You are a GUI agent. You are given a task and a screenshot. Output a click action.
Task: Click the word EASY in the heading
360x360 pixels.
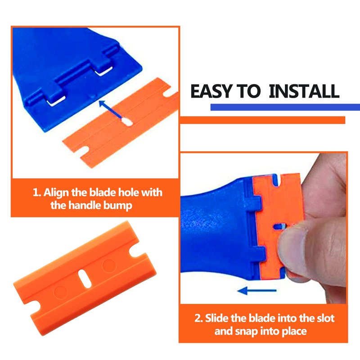coord(211,91)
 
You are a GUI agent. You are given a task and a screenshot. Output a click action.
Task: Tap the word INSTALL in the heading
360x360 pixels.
coord(304,91)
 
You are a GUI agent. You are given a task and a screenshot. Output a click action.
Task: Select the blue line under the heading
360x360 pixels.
coord(285,107)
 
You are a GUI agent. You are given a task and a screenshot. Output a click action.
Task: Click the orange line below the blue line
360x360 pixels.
coord(263,120)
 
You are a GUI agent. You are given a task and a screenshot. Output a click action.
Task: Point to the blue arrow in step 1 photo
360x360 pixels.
coord(111,109)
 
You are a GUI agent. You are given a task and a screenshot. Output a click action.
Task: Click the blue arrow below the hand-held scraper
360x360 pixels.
coord(257,291)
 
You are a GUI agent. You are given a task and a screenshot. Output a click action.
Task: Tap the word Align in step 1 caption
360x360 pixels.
coord(56,193)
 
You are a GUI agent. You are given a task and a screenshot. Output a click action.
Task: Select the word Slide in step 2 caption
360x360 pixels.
coord(217,318)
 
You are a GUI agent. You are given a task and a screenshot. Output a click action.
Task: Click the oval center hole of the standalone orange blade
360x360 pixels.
coord(85,279)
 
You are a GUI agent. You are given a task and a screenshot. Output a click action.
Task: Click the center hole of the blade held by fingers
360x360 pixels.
coord(279,227)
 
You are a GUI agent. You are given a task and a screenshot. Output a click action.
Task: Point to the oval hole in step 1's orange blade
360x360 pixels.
coord(127,122)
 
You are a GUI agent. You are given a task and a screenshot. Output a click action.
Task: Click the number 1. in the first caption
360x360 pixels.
coord(37,193)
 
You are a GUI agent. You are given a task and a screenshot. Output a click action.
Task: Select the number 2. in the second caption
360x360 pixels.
coord(198,318)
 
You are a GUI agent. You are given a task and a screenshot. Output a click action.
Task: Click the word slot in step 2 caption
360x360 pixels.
coord(325,318)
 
